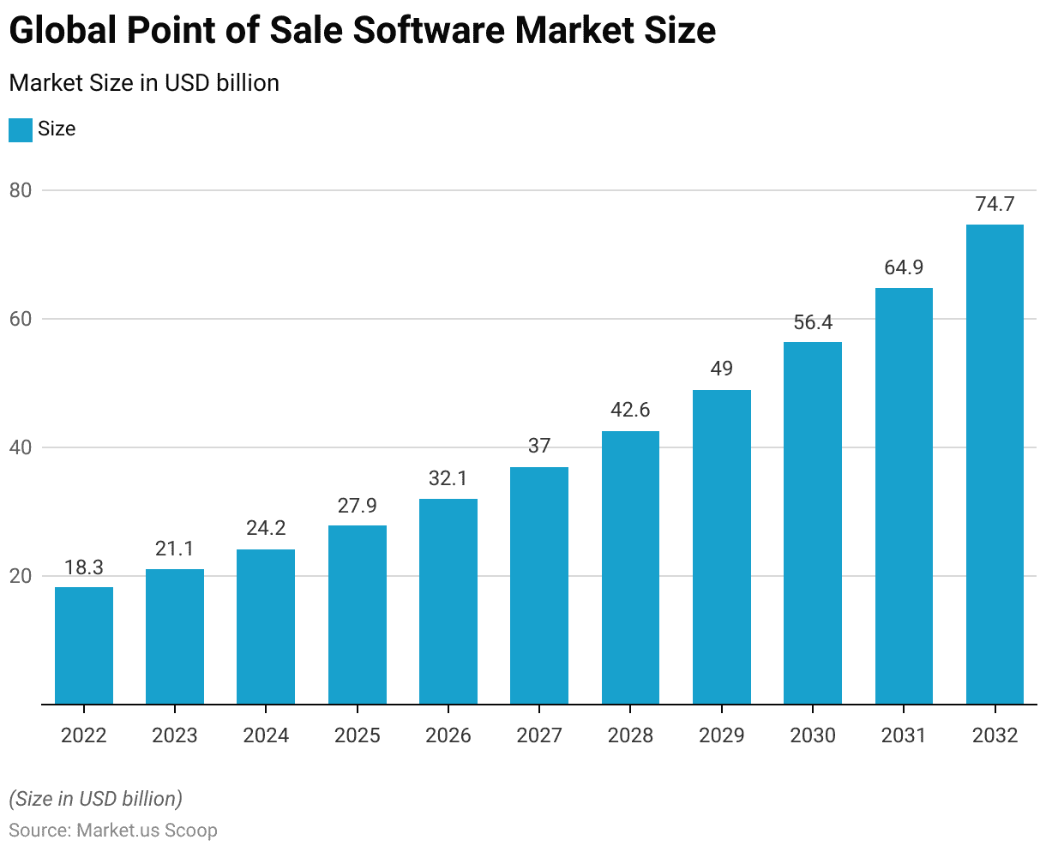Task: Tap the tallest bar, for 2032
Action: click(x=995, y=464)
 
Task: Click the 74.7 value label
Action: click(x=995, y=204)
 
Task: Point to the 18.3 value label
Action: click(x=84, y=567)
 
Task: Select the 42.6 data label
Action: click(x=630, y=410)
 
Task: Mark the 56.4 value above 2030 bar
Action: click(x=813, y=322)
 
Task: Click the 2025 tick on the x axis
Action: click(x=358, y=735)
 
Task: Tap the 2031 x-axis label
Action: click(x=904, y=735)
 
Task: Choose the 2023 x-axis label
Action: click(x=175, y=735)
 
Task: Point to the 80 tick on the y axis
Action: click(x=21, y=190)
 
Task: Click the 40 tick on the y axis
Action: click(x=21, y=447)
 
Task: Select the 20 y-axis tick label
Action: click(x=21, y=576)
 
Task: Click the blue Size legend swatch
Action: click(x=21, y=129)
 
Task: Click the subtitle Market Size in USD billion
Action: click(x=144, y=83)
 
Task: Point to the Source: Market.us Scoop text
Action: click(x=113, y=830)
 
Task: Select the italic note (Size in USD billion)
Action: click(x=96, y=799)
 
